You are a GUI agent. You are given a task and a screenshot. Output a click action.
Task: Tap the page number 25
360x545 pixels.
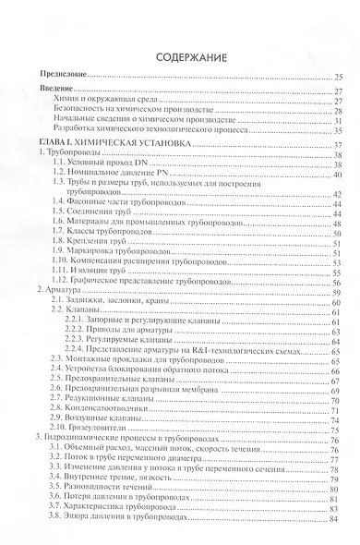click(338, 75)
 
